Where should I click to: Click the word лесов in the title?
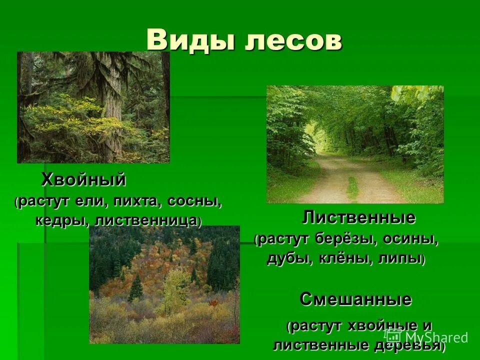293,39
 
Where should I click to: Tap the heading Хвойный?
83,179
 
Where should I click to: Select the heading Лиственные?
358,218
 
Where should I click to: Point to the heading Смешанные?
355,299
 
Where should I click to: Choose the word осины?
410,239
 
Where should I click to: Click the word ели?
90,202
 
